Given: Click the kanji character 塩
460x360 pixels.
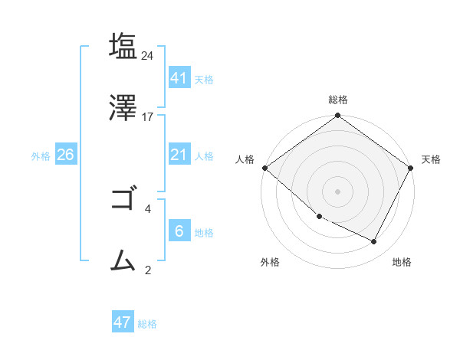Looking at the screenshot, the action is (124, 47).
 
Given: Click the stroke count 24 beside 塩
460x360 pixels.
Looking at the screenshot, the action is (148, 56).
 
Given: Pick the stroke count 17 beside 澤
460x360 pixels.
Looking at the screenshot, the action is (148, 116).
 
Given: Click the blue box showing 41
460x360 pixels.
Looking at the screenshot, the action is (179, 77).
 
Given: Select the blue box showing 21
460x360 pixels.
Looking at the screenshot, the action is (179, 155).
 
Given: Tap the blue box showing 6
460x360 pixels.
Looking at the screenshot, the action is (179, 231).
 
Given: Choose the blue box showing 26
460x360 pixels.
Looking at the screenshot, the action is (65, 155).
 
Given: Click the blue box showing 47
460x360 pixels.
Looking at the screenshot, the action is (122, 322).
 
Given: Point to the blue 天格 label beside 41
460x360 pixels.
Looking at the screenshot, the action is (204, 79).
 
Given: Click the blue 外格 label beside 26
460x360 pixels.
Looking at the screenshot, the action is (41, 156).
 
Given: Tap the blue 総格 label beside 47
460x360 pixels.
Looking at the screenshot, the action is (147, 324).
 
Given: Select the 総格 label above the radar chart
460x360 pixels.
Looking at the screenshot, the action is (338, 100).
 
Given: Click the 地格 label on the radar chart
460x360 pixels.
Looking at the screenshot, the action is (402, 262).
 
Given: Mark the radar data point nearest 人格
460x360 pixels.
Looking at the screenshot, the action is (264, 168).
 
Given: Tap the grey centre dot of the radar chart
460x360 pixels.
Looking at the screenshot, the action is (338, 191).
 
